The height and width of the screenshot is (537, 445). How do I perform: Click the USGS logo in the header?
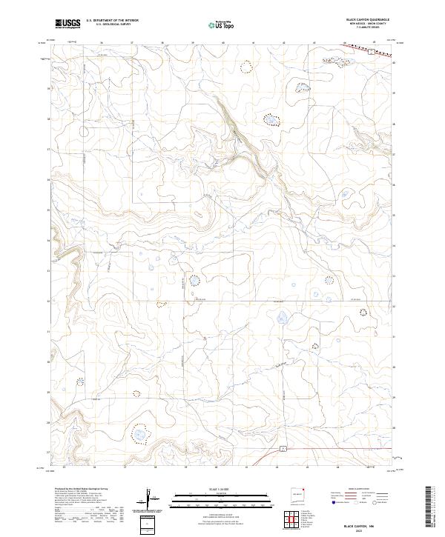tap(67, 24)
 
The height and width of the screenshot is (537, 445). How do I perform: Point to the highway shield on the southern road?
tap(283, 449)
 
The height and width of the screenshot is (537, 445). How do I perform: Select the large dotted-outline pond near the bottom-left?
tap(139, 432)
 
